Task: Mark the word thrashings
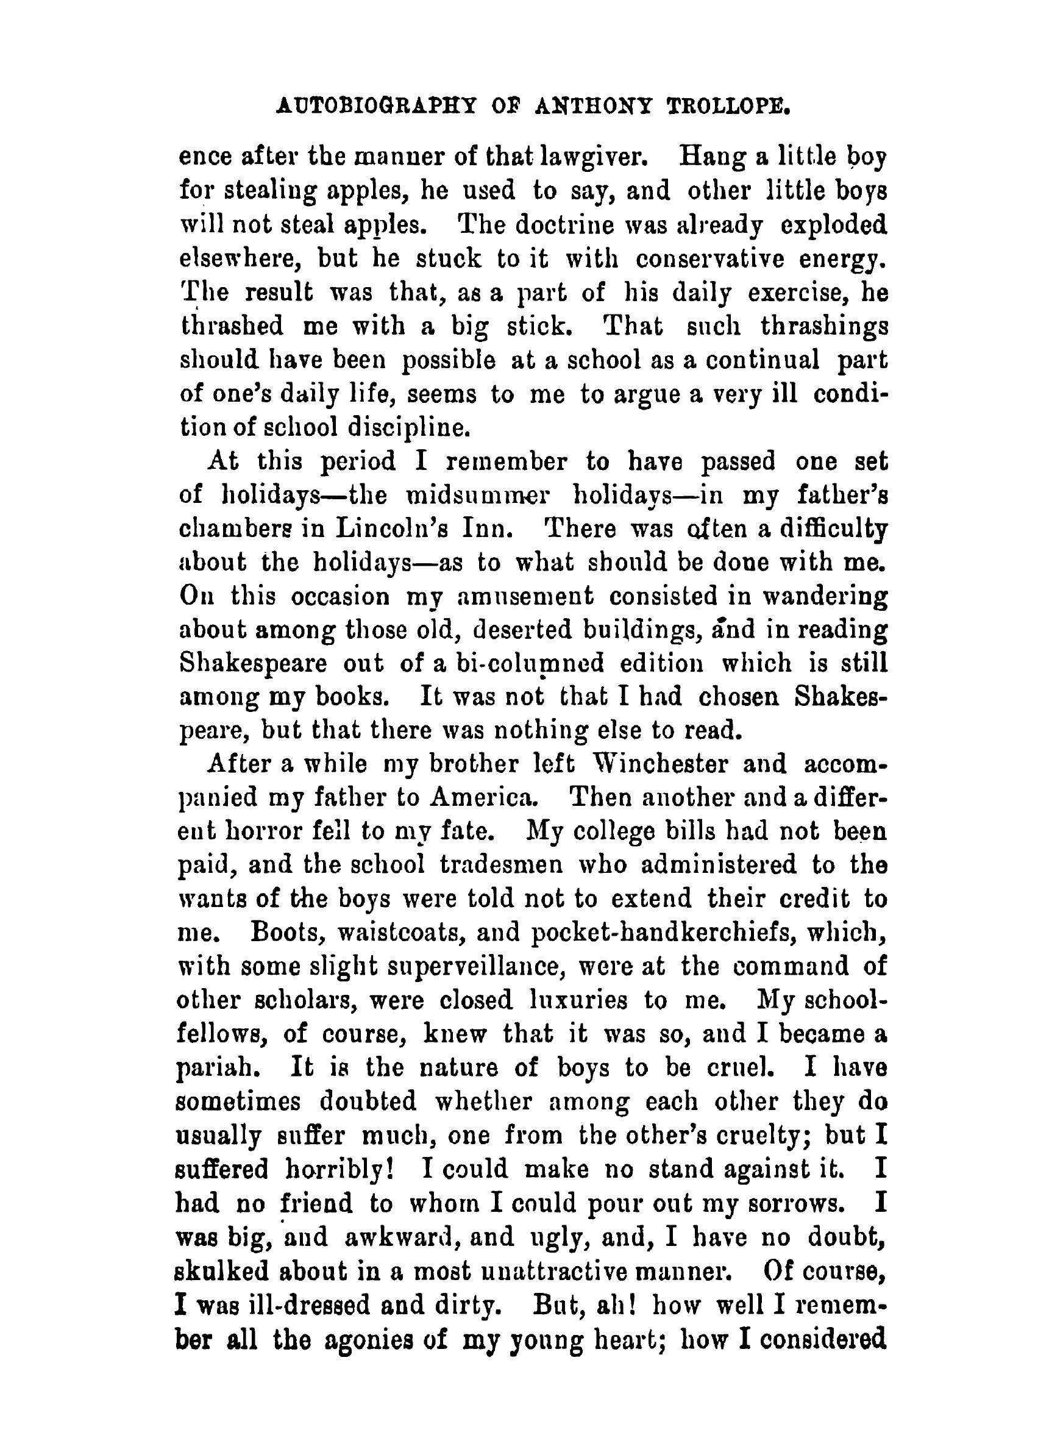[823, 326]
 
